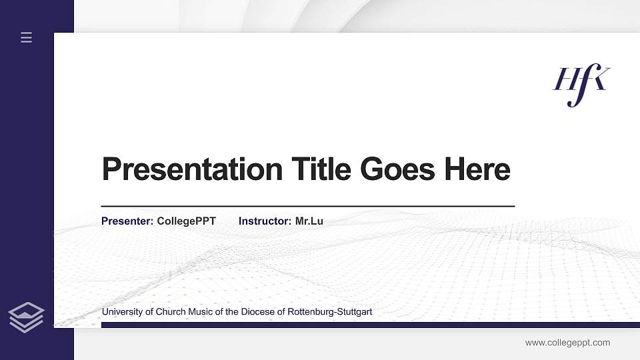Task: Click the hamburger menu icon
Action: pyautogui.click(x=27, y=38)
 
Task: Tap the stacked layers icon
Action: pyautogui.click(x=27, y=317)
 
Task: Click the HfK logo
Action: pyautogui.click(x=581, y=85)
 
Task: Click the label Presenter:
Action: pyautogui.click(x=127, y=221)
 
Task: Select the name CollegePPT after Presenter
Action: pyautogui.click(x=186, y=221)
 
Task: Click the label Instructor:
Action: pyautogui.click(x=265, y=221)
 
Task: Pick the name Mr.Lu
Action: pyautogui.click(x=309, y=221)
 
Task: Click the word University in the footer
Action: pyautogui.click(x=121, y=312)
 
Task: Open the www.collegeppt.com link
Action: pyautogui.click(x=567, y=343)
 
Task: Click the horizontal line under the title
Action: pyautogui.click(x=307, y=206)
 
